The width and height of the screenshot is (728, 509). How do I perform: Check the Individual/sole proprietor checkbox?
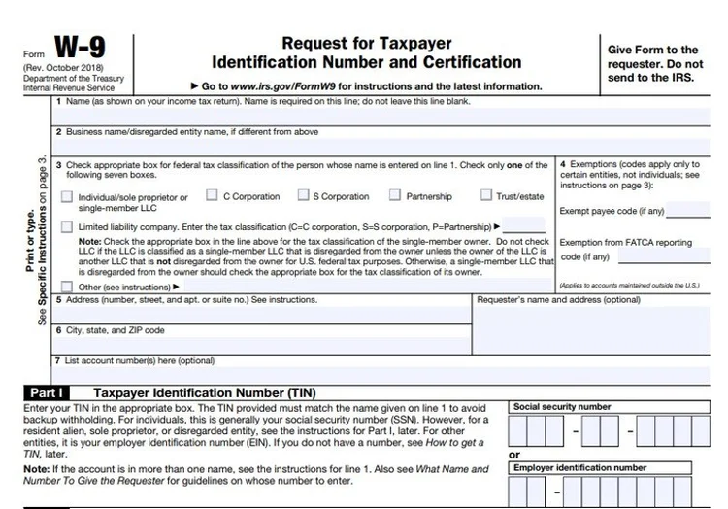[x=66, y=197]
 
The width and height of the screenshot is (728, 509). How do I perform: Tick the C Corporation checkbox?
[x=213, y=196]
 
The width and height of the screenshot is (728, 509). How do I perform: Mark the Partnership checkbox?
[x=395, y=196]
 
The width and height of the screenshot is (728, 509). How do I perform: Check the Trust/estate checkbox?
[x=486, y=196]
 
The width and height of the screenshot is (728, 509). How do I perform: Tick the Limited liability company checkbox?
[x=66, y=227]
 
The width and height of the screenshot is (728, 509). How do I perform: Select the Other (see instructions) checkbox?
[x=66, y=287]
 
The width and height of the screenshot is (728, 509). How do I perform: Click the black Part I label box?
[x=47, y=392]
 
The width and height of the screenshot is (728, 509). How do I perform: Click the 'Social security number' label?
[x=562, y=406]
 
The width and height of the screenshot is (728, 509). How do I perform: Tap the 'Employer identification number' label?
[x=579, y=467]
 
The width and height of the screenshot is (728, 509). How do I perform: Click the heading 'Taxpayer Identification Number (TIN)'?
[x=204, y=392]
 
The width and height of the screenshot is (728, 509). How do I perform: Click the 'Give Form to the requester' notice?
[x=651, y=63]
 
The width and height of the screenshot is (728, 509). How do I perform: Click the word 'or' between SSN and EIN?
[x=514, y=455]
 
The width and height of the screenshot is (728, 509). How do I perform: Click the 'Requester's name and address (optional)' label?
[x=558, y=300]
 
